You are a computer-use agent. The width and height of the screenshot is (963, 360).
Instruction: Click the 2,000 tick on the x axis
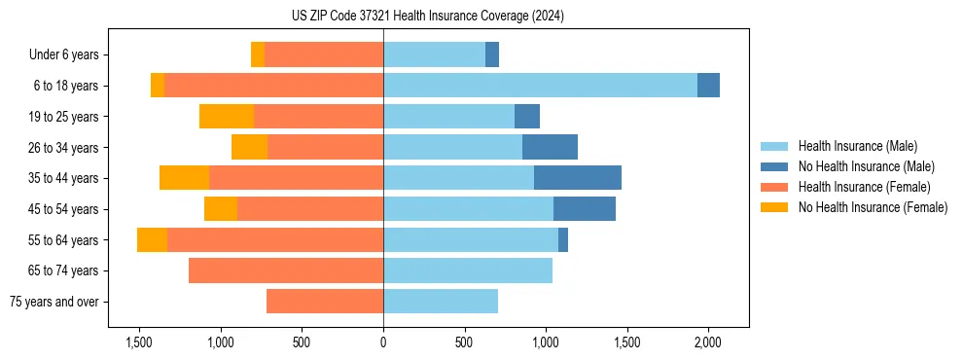pos(707,342)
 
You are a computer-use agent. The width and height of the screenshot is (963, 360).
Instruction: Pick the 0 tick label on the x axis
pos(383,342)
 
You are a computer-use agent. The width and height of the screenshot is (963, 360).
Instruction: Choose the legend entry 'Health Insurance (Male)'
pos(856,146)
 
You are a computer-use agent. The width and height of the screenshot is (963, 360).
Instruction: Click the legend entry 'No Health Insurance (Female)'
pos(873,207)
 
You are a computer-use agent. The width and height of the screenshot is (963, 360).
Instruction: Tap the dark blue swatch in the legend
pos(774,166)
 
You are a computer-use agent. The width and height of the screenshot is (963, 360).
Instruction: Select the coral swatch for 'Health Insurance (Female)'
pos(774,187)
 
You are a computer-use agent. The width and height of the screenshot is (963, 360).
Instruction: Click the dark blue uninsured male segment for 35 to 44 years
pos(578,178)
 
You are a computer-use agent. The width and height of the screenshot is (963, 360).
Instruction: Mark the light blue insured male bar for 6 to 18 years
pos(540,86)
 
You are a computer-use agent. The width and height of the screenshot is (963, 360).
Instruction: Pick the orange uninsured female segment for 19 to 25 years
pos(227,117)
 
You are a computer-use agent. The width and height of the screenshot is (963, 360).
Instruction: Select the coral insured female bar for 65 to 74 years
pos(286,270)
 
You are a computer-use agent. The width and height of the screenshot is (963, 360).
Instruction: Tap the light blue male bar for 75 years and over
pos(441,302)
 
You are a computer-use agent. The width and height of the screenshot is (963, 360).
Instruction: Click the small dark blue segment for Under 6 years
pos(492,55)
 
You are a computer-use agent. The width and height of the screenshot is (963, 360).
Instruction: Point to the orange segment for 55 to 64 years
pos(152,240)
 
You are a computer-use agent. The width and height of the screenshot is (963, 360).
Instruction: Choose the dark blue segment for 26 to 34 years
pos(550,148)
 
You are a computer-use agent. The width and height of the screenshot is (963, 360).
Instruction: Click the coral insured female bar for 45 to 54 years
pos(310,209)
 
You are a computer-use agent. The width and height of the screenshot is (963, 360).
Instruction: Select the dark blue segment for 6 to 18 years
pos(708,86)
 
